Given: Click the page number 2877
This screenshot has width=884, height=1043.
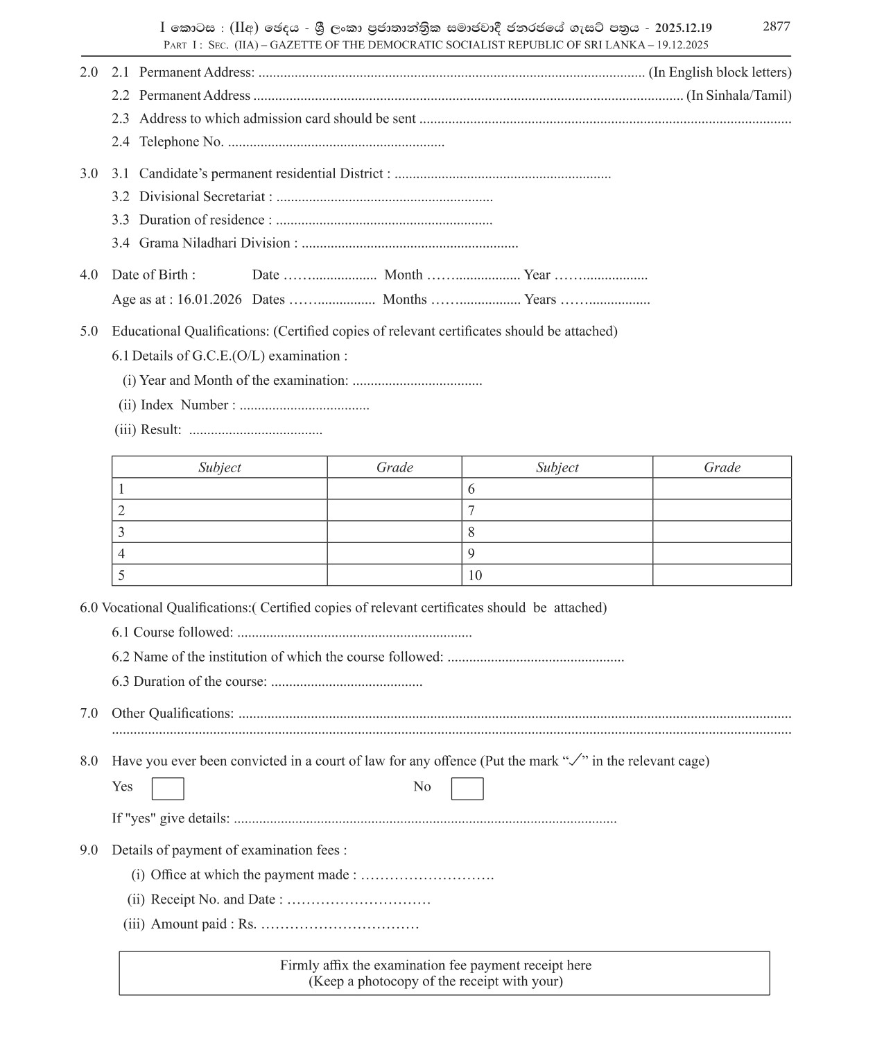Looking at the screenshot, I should (x=776, y=26).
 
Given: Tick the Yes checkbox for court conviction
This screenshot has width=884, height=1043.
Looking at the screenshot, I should (x=168, y=788).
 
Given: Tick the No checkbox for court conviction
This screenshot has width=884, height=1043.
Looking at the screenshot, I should (x=467, y=788).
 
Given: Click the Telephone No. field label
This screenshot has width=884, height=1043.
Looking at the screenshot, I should (x=181, y=142).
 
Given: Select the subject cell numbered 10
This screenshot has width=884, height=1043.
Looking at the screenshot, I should (x=557, y=575).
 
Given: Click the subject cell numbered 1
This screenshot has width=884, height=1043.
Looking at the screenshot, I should (x=219, y=489).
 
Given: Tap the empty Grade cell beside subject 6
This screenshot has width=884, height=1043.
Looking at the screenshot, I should (x=721, y=489).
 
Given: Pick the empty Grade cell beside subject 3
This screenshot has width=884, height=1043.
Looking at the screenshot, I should (x=394, y=532).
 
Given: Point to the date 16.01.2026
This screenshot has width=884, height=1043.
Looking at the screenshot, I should (x=209, y=300).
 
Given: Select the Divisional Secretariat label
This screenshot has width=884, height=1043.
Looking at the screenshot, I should (x=205, y=197).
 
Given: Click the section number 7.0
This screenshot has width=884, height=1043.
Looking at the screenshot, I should (x=89, y=714).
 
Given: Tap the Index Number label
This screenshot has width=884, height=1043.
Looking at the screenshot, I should (x=187, y=405).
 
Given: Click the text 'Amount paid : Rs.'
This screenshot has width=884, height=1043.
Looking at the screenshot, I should (x=203, y=924).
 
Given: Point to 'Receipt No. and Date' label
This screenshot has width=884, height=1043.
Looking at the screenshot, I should (x=216, y=899).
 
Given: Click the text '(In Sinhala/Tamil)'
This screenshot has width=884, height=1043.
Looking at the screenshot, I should (x=738, y=96).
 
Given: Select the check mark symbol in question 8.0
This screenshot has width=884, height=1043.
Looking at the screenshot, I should (x=574, y=760).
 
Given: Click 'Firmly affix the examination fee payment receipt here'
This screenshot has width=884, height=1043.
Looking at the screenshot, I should (x=435, y=965).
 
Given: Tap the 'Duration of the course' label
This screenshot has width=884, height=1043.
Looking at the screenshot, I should (x=200, y=682).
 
